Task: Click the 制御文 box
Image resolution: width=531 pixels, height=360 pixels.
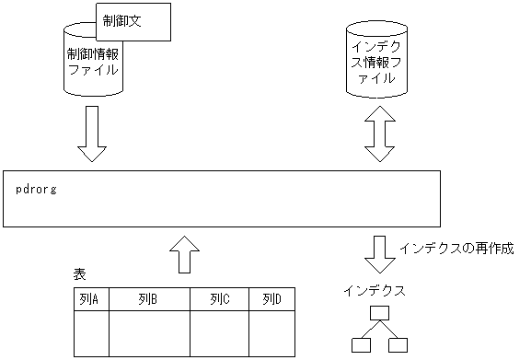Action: (x=133, y=21)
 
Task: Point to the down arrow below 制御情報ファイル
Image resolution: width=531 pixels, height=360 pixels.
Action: (x=93, y=134)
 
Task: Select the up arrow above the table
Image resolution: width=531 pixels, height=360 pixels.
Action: (x=185, y=252)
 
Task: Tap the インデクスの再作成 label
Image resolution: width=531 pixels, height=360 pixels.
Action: (x=456, y=248)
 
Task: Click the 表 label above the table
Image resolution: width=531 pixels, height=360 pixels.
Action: (x=79, y=274)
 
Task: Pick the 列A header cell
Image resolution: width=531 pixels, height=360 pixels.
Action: (x=91, y=299)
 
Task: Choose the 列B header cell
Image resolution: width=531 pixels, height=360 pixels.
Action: (x=149, y=299)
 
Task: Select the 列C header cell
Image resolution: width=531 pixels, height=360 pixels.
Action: (x=219, y=299)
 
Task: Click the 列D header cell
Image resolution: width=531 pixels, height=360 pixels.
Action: (x=271, y=299)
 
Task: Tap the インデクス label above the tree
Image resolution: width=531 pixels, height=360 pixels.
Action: (x=374, y=289)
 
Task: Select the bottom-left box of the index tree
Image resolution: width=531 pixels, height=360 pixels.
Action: (x=361, y=345)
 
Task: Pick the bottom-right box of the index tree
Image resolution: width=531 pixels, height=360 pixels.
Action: (x=398, y=345)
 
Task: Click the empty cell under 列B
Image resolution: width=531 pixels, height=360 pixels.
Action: (x=149, y=333)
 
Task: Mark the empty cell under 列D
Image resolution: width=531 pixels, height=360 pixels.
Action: (x=271, y=333)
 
